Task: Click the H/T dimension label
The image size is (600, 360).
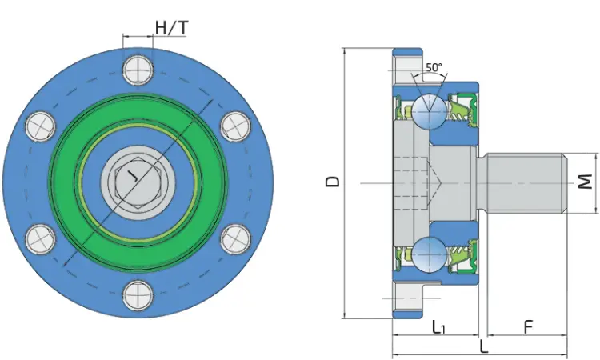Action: pos(172,27)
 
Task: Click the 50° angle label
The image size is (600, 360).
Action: pos(434,67)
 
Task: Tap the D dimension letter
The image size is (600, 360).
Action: pos(332,182)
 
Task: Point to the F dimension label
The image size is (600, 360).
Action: pos(528,327)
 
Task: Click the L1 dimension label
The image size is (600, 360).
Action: pos(438,327)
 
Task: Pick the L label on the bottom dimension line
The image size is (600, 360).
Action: pos(484,347)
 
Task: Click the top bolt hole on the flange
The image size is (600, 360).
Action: pos(138,70)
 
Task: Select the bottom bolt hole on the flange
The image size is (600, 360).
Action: pos(138,296)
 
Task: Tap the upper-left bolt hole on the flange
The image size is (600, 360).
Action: pos(40,126)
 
